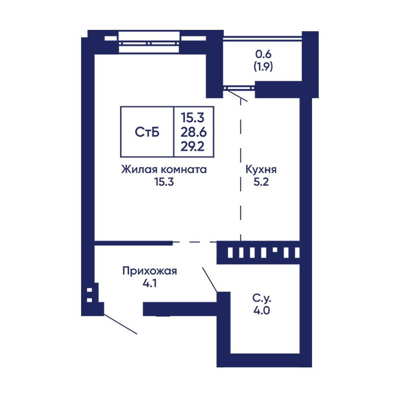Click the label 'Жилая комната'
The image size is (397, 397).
pos(164,170)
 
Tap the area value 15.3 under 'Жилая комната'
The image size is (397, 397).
pos(164,182)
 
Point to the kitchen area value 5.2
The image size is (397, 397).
pos(261,182)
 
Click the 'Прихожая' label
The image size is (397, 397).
pos(150,271)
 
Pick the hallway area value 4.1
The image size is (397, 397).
pos(150,283)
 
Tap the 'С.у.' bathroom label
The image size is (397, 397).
pos(262,298)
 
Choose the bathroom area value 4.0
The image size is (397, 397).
pos(262,310)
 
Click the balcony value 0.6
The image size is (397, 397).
pos(263,54)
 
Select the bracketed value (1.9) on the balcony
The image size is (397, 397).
pos(263,66)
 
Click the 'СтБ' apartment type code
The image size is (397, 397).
pos(147,132)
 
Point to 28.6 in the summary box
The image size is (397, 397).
pos(193,132)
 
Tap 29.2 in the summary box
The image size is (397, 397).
pos(193,147)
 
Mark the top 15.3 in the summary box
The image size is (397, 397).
pos(193,118)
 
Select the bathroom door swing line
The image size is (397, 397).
pos(210,280)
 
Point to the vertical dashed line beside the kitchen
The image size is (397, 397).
pos(240,169)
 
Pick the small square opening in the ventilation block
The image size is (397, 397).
pos(275,250)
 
